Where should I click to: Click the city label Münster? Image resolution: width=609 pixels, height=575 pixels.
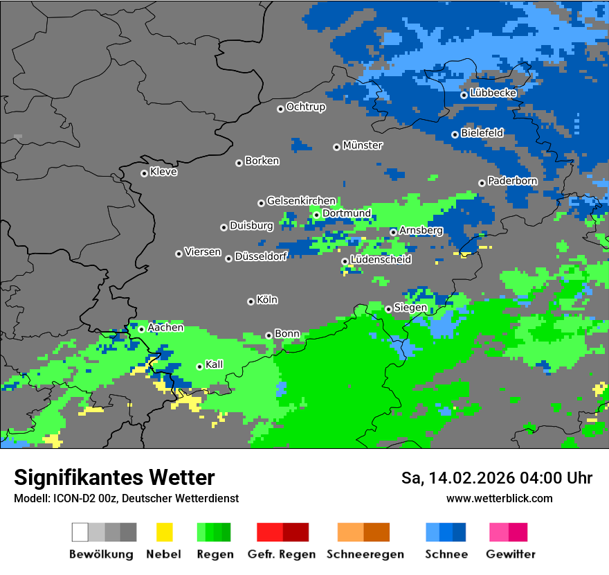pyautogui.click(x=363, y=145)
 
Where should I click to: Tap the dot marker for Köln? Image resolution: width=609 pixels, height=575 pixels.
pyautogui.click(x=251, y=301)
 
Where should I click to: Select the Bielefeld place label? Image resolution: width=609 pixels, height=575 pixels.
pyautogui.click(x=482, y=132)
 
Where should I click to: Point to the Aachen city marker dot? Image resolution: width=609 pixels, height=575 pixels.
pyautogui.click(x=141, y=329)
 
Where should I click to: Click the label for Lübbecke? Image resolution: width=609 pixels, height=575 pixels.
pyautogui.click(x=493, y=93)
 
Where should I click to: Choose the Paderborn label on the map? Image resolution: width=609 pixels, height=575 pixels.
pyautogui.click(x=512, y=181)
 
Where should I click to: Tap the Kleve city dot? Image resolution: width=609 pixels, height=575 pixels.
pyautogui.click(x=144, y=173)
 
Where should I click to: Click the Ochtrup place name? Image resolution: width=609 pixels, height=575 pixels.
pyautogui.click(x=305, y=107)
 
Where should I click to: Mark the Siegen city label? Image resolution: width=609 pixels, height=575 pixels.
pyautogui.click(x=410, y=308)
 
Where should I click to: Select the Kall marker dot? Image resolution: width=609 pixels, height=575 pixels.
pyautogui.click(x=199, y=366)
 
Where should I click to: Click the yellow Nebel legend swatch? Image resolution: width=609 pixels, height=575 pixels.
pyautogui.click(x=164, y=532)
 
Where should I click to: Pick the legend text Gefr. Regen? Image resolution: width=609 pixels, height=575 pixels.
pyautogui.click(x=282, y=554)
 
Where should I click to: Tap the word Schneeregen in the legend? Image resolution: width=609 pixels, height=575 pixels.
pyautogui.click(x=365, y=554)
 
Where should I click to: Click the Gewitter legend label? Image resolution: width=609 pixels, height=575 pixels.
pyautogui.click(x=511, y=554)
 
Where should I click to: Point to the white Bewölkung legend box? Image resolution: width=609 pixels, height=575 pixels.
pyautogui.click(x=80, y=532)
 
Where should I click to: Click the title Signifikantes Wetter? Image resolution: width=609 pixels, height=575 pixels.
pyautogui.click(x=114, y=477)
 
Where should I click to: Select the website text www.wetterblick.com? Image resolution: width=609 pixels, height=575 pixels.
pyautogui.click(x=499, y=498)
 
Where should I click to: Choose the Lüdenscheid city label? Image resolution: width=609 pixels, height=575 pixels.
pyautogui.click(x=381, y=260)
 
